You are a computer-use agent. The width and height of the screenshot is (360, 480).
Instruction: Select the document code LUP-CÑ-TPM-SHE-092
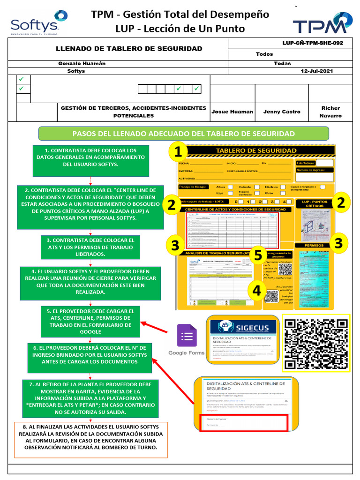(x=313, y=43)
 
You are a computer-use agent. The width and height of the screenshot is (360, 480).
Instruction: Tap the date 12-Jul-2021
(x=317, y=71)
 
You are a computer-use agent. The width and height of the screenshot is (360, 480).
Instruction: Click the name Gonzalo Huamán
(x=82, y=63)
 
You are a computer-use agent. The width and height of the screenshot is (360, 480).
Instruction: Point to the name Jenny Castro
(x=282, y=112)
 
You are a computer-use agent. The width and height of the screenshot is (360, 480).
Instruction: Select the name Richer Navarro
(x=330, y=112)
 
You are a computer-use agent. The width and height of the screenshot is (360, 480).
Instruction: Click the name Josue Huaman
(x=232, y=112)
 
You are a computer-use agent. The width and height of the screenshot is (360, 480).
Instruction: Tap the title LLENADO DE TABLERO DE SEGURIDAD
(x=129, y=49)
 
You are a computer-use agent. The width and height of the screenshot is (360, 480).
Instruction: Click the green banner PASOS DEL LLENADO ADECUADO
(x=183, y=133)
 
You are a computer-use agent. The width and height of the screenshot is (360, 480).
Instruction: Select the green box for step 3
(x=90, y=247)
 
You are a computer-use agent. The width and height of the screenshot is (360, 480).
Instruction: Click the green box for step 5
(x=90, y=321)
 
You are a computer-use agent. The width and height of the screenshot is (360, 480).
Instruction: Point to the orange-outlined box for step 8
(x=91, y=440)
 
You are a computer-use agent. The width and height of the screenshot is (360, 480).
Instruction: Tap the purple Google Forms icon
(x=187, y=337)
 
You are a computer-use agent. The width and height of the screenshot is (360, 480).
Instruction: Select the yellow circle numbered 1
(x=178, y=152)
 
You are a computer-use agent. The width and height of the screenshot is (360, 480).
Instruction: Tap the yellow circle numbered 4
(x=256, y=291)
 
